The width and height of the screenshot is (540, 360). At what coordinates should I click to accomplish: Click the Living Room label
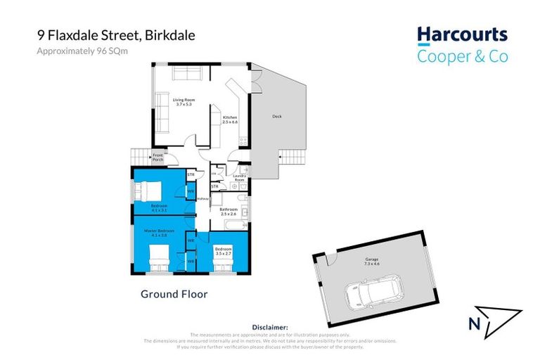click(184, 103)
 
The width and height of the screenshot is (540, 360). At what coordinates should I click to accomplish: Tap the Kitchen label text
click(231, 120)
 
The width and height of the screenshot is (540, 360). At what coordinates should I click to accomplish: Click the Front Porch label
click(158, 157)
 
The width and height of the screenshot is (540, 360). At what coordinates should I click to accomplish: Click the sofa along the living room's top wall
click(187, 75)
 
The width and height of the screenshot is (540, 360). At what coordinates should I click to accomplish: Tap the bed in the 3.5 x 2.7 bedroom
click(223, 262)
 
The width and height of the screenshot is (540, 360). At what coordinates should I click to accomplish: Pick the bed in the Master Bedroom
click(160, 257)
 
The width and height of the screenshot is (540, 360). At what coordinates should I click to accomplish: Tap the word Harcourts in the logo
click(462, 34)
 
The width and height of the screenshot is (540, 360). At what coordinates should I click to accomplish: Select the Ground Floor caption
click(174, 294)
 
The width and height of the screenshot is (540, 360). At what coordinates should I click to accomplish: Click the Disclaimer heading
click(270, 328)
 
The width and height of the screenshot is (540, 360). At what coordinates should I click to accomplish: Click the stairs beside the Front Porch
click(137, 157)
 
